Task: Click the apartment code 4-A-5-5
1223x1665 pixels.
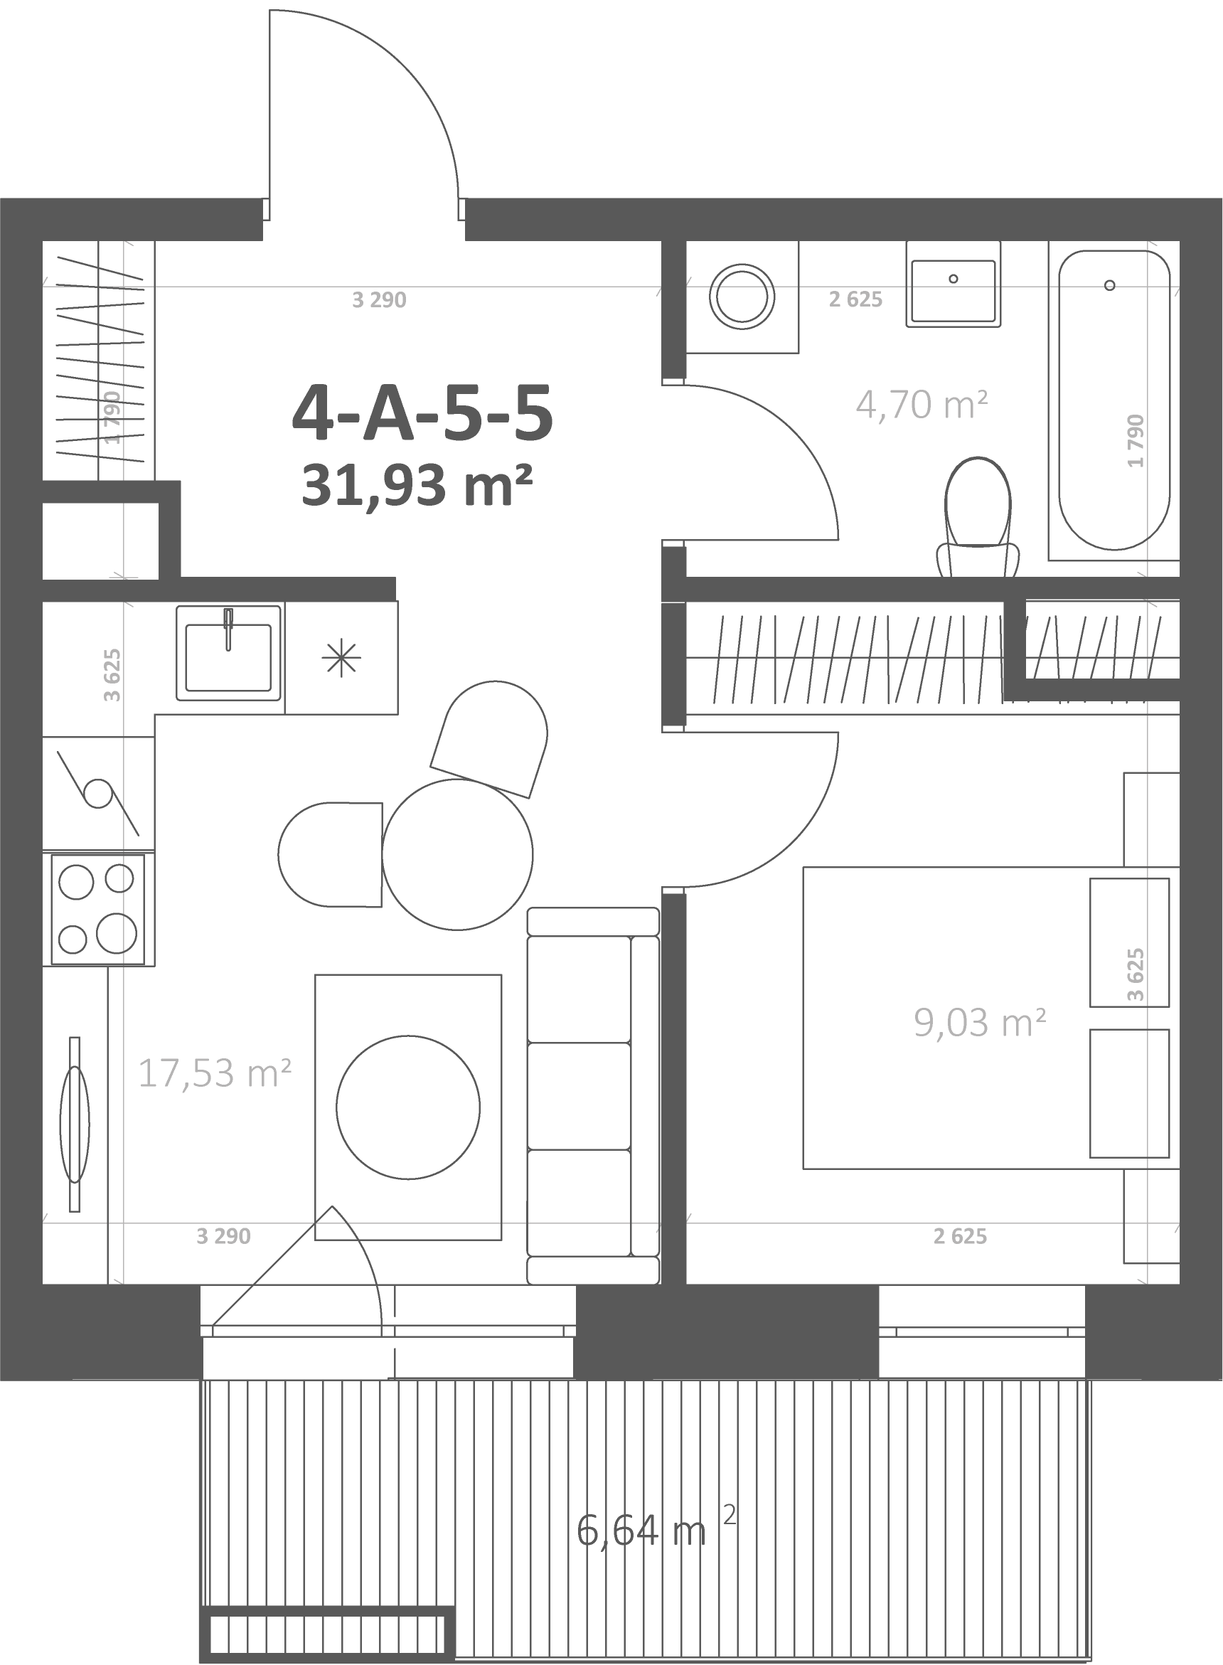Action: pyautogui.click(x=423, y=413)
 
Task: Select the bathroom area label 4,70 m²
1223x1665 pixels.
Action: pyautogui.click(x=922, y=404)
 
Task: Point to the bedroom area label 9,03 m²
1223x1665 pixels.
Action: pyautogui.click(x=979, y=1022)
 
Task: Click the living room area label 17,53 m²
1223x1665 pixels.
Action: pyautogui.click(x=215, y=1073)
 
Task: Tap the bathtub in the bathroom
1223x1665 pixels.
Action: pyautogui.click(x=1113, y=400)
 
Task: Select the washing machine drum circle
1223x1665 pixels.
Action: pyautogui.click(x=742, y=296)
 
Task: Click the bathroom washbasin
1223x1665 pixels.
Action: pyautogui.click(x=954, y=283)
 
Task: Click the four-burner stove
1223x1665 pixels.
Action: pyautogui.click(x=97, y=909)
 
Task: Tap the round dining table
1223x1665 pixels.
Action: pyautogui.click(x=457, y=853)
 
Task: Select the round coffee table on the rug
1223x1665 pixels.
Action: pyautogui.click(x=408, y=1107)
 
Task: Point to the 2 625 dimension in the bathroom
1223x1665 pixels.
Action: pyautogui.click(x=856, y=299)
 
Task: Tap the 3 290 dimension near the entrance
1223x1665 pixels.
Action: pyautogui.click(x=379, y=300)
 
